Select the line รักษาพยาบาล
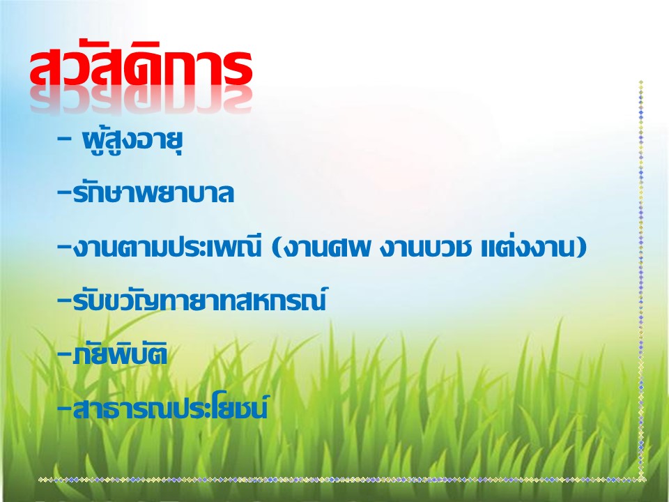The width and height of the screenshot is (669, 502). tap(153, 192)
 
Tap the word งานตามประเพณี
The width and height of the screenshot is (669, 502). tap(167, 247)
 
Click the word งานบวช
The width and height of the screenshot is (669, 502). tap(425, 248)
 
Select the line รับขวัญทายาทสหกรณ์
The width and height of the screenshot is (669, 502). tap(200, 299)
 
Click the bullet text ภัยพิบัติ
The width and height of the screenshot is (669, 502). tap(120, 354)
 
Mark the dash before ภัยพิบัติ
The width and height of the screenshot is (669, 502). tap(64, 354)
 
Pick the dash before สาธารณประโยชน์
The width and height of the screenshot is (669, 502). tap(64, 408)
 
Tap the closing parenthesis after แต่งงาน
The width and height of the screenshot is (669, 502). tap(581, 248)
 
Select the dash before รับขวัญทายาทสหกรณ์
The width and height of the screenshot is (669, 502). tap(64, 300)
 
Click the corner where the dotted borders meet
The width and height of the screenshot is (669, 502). tap(641, 480)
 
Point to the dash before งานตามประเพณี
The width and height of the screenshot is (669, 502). tap(64, 246)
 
